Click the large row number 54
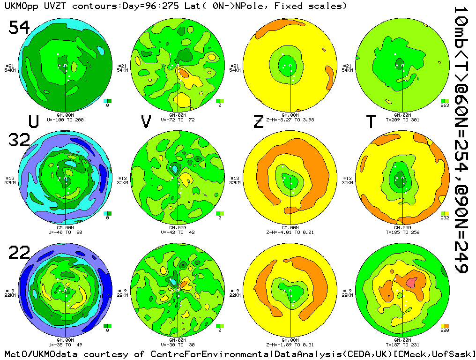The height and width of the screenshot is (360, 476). (x=19, y=28)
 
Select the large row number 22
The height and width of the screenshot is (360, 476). (x=19, y=253)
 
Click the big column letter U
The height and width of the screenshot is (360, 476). (x=34, y=121)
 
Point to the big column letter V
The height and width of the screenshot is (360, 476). (x=146, y=121)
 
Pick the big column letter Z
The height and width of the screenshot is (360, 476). (x=258, y=121)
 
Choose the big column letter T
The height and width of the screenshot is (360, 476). (x=371, y=121)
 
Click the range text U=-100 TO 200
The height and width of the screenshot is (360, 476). (x=65, y=120)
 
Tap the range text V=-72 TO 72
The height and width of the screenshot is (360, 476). (x=178, y=120)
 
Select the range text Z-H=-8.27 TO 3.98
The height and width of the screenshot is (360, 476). (x=290, y=120)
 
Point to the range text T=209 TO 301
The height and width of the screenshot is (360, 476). (x=402, y=120)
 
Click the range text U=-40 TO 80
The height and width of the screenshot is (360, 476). (x=65, y=232)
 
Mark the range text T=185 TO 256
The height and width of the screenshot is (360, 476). (x=402, y=232)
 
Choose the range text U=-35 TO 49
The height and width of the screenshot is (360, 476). (x=65, y=345)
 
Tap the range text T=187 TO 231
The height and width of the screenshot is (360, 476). (x=402, y=345)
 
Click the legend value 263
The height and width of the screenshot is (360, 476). (x=445, y=105)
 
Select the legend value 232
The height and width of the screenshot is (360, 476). (x=445, y=218)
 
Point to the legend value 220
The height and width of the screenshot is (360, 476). (x=445, y=330)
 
